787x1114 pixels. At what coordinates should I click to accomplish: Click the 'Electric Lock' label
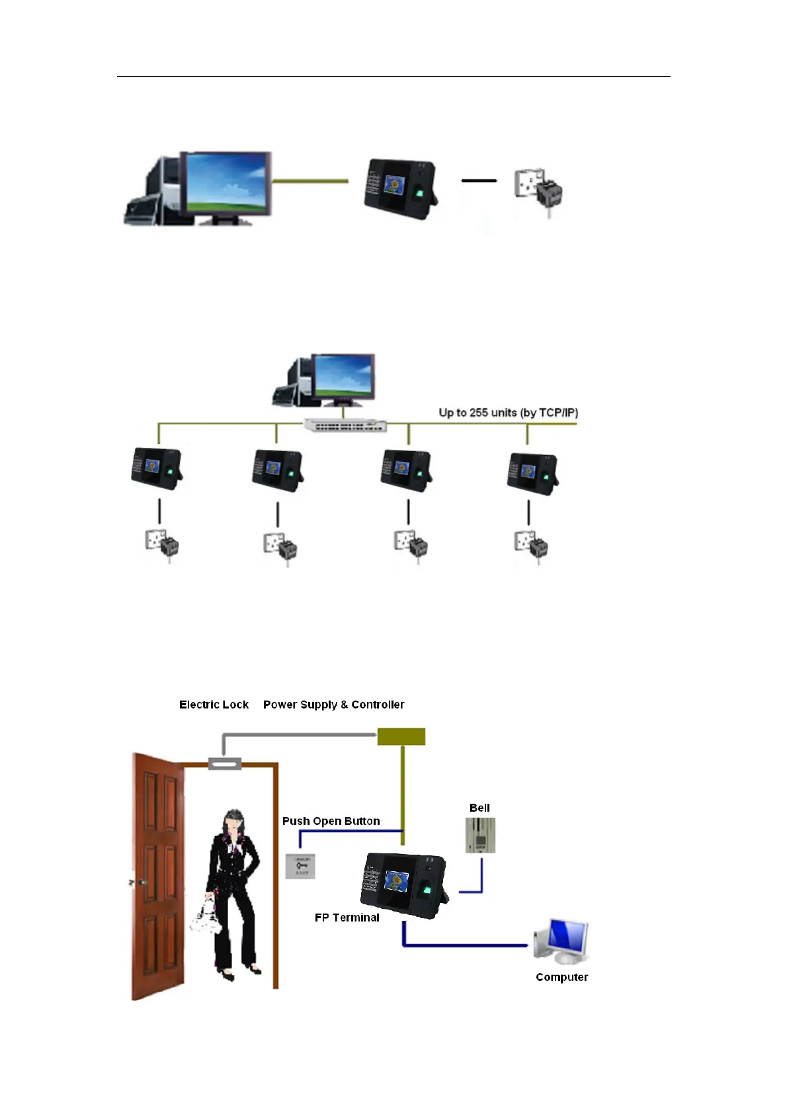pyautogui.click(x=214, y=705)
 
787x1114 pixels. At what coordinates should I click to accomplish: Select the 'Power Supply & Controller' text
pyautogui.click(x=333, y=705)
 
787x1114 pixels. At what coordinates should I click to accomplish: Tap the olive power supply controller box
pyautogui.click(x=401, y=736)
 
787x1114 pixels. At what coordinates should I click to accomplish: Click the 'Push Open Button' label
pyautogui.click(x=331, y=821)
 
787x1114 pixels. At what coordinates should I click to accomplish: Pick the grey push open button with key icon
pyautogui.click(x=300, y=866)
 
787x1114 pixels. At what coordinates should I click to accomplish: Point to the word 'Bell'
pyautogui.click(x=479, y=808)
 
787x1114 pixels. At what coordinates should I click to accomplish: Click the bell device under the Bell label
pyautogui.click(x=480, y=835)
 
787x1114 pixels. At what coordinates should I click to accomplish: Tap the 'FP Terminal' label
pyautogui.click(x=347, y=918)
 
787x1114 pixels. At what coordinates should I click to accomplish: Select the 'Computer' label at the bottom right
pyautogui.click(x=561, y=977)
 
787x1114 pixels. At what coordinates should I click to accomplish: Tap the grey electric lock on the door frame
pyautogui.click(x=225, y=764)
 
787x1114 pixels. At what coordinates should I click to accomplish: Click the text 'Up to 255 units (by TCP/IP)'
pyautogui.click(x=508, y=413)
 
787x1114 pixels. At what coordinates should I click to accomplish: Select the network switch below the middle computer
pyautogui.click(x=345, y=425)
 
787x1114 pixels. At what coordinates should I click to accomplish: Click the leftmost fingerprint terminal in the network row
pyautogui.click(x=156, y=468)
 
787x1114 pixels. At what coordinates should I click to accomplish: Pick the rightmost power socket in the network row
pyautogui.click(x=532, y=546)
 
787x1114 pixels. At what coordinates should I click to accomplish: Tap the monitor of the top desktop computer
pyautogui.click(x=226, y=183)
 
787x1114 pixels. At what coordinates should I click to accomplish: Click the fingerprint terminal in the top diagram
pyautogui.click(x=399, y=188)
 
